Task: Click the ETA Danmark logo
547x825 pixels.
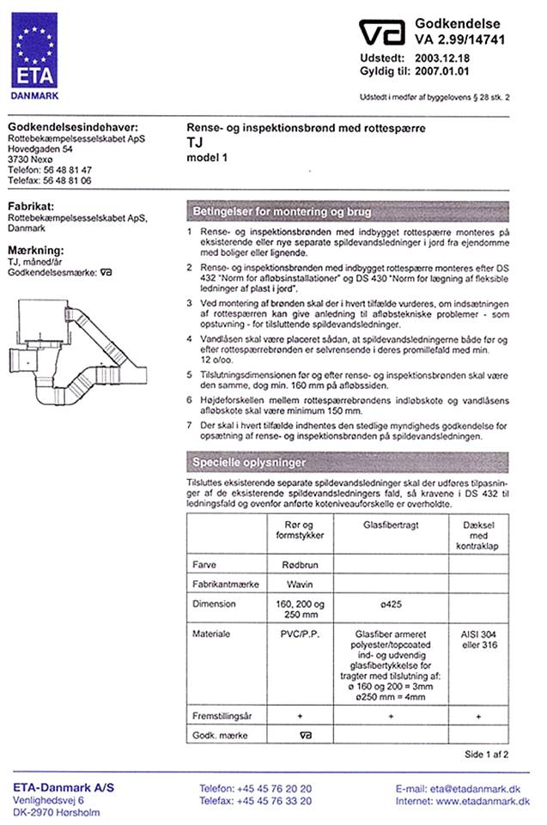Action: pos(34,51)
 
